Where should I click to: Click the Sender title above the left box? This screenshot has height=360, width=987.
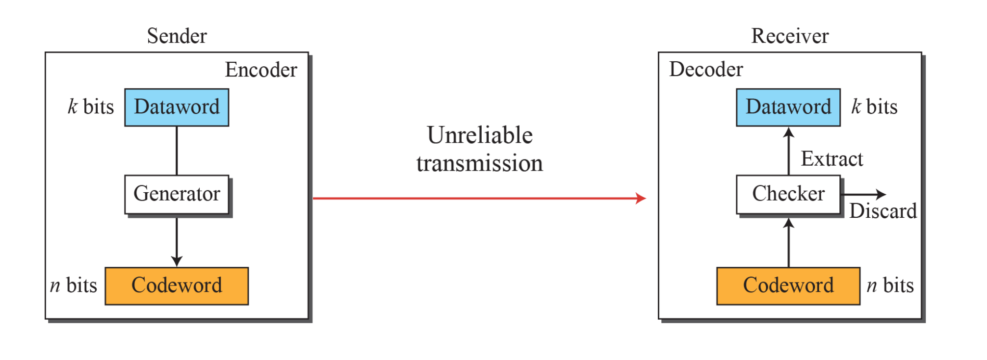click(x=177, y=36)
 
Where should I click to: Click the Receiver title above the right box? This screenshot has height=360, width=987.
click(x=790, y=36)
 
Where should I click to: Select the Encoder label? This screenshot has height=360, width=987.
click(x=261, y=70)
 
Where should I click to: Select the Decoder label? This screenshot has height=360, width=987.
click(x=706, y=69)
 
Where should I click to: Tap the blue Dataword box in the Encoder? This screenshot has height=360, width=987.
click(x=177, y=107)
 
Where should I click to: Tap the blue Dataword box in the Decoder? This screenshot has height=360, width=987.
click(x=788, y=107)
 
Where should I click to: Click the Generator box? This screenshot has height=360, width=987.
click(x=177, y=194)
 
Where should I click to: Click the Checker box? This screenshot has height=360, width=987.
click(x=788, y=194)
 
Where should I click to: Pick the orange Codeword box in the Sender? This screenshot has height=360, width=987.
click(x=177, y=285)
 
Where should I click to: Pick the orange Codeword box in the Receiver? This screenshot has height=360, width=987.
click(x=788, y=285)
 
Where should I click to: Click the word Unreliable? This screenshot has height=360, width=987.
click(x=480, y=135)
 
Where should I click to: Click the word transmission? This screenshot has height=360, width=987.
click(x=480, y=163)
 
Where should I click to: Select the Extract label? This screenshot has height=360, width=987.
click(x=831, y=159)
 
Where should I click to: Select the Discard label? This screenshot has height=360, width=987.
click(x=883, y=211)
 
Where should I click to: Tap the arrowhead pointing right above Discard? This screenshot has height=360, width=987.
click(x=881, y=194)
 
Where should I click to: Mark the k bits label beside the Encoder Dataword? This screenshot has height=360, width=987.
click(x=91, y=107)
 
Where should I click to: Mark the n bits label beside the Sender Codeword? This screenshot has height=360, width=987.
click(x=74, y=285)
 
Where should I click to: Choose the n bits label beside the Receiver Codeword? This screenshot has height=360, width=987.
click(x=890, y=285)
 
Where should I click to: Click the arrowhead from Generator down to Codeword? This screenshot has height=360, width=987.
click(x=177, y=261)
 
